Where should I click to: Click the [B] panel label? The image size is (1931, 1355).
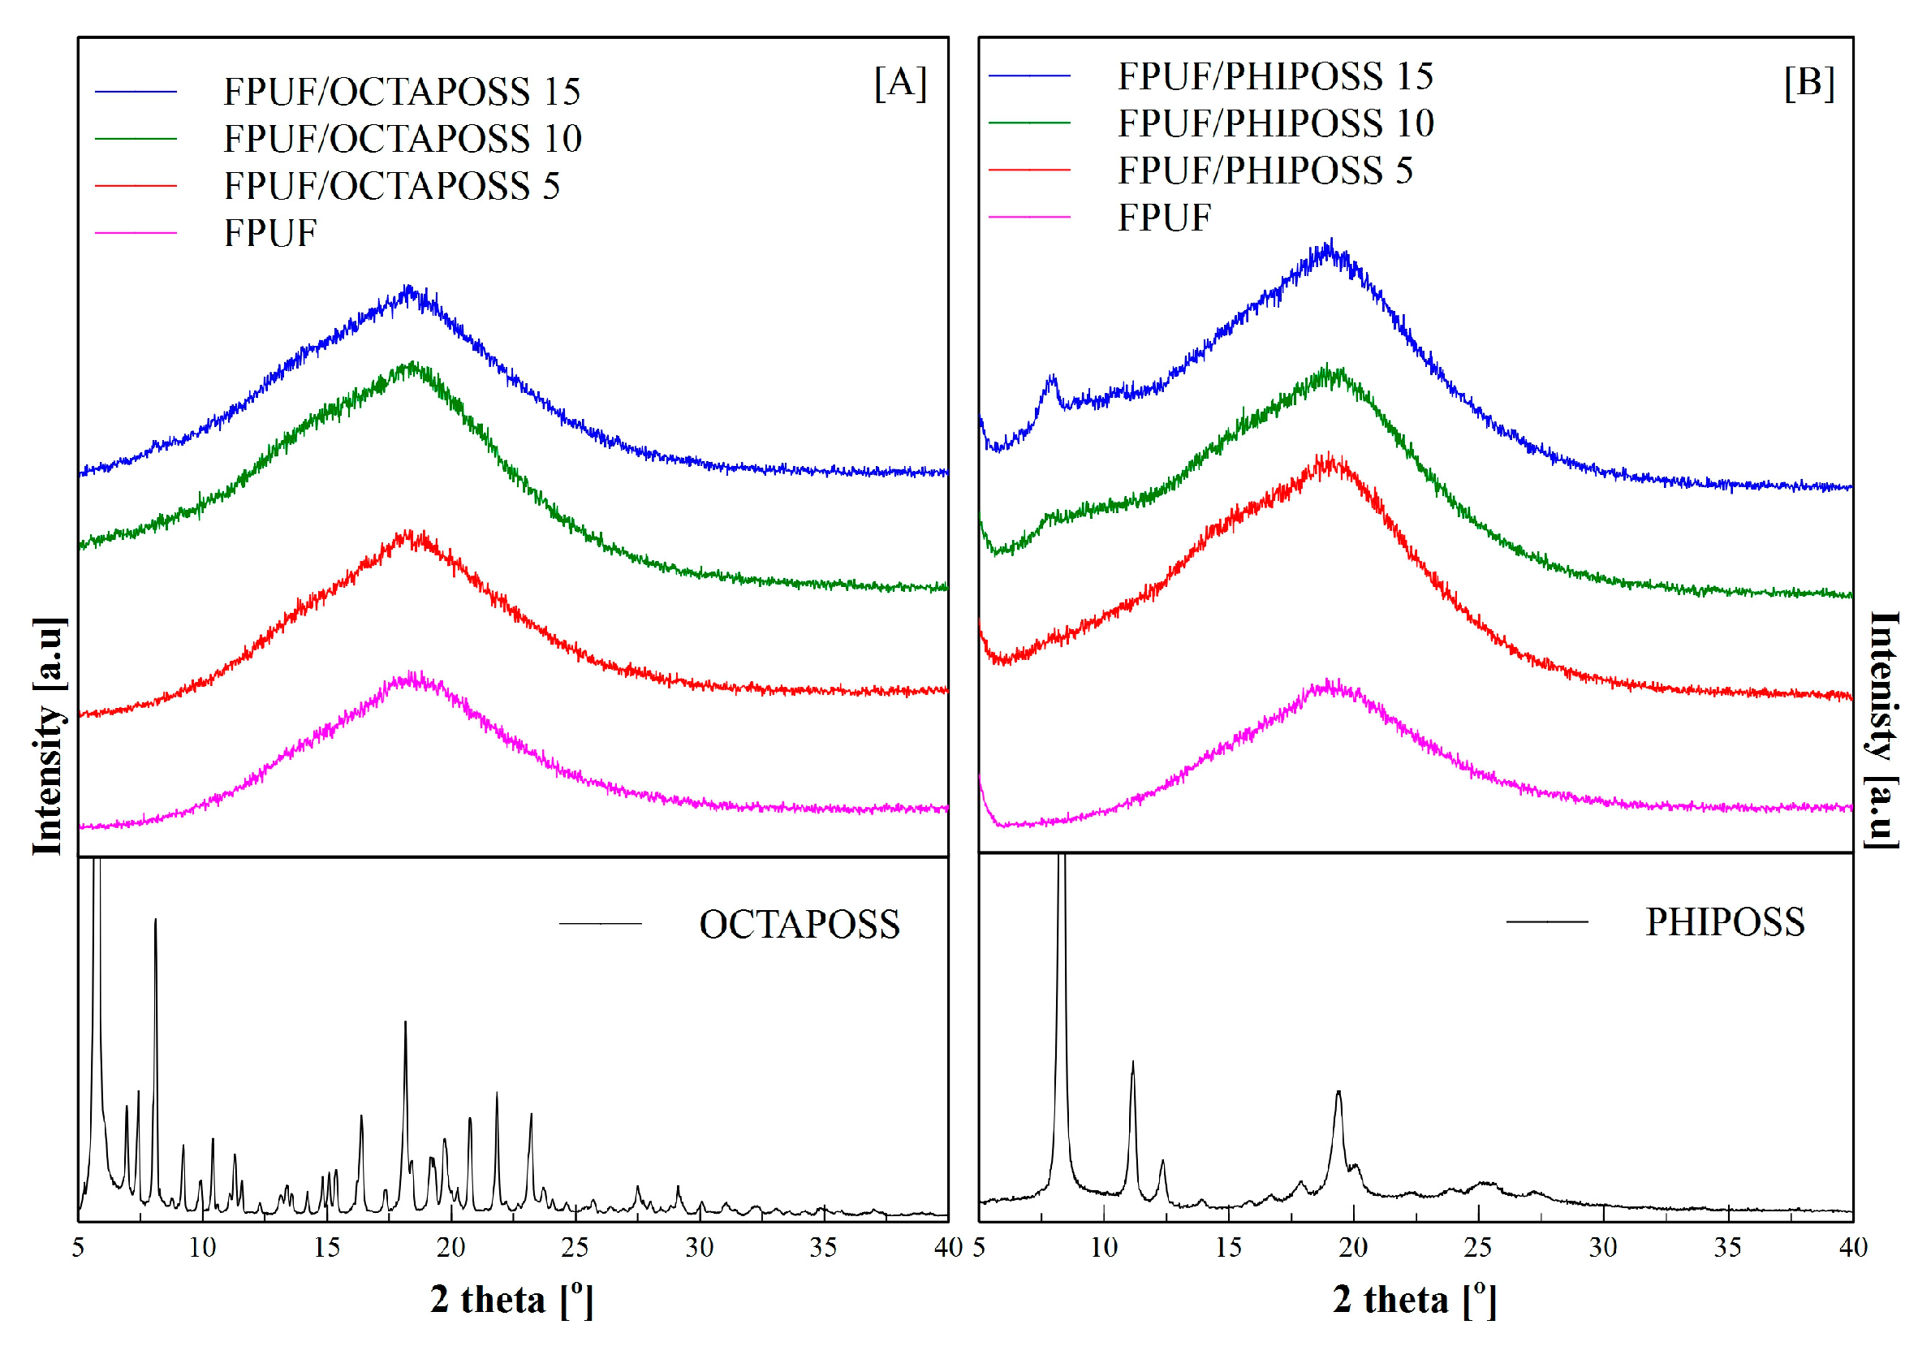pos(1808,83)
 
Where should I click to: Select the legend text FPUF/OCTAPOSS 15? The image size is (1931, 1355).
pos(401,92)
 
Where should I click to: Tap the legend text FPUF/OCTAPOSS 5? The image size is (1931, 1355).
pos(391,186)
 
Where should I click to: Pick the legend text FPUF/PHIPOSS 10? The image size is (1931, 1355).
pos(1275,123)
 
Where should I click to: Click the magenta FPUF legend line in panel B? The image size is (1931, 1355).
pos(1028,218)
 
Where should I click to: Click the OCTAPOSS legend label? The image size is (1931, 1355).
pos(799,925)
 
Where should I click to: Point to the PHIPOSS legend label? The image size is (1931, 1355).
pos(1724,921)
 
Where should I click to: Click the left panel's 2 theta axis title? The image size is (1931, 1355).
pos(511,1300)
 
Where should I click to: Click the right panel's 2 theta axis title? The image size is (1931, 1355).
pos(1415,1300)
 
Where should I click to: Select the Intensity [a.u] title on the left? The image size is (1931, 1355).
pos(49,737)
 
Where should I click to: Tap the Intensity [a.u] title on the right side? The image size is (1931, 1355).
pos(1882,730)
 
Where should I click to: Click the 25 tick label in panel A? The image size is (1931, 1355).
pos(575,1247)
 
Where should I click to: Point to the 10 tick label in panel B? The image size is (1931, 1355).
pos(1103,1247)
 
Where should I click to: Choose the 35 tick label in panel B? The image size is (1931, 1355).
pos(1727,1247)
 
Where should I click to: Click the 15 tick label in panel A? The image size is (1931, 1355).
pos(326,1247)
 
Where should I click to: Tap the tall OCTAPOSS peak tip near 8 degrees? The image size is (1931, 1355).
pos(156,920)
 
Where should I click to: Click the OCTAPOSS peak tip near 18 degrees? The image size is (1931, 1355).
pos(405,1023)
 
